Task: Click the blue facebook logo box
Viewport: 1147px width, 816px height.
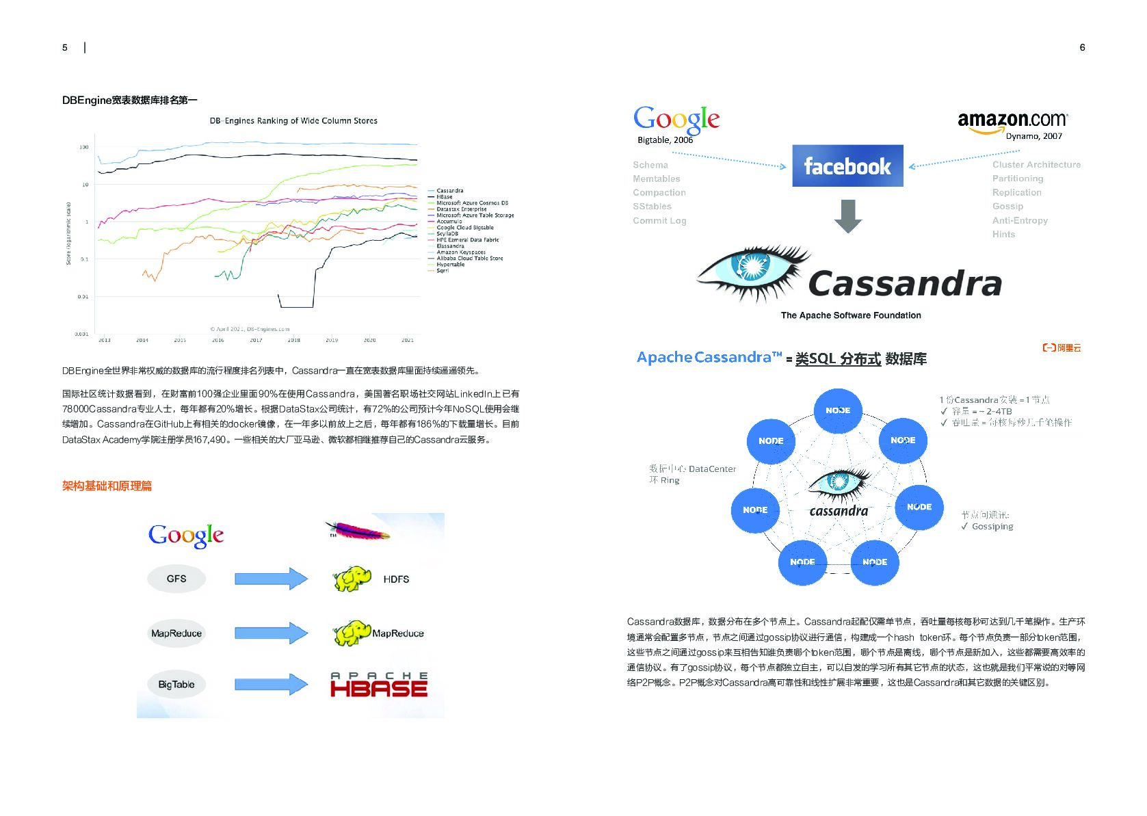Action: [x=847, y=166]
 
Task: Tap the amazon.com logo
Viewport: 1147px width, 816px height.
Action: [x=1012, y=121]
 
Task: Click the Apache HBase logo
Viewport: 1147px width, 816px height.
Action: [x=379, y=685]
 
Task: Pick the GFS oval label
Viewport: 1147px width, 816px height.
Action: [x=176, y=579]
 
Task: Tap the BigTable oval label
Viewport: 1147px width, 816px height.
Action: [x=176, y=684]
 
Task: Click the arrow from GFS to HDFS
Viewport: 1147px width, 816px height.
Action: [x=271, y=579]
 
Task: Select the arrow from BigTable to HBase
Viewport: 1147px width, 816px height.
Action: [x=271, y=684]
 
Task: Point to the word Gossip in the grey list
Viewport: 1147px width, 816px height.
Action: [x=1007, y=206]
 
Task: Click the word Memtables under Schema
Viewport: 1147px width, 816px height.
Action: [x=656, y=179]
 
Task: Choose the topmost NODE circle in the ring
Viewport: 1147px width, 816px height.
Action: [x=837, y=410]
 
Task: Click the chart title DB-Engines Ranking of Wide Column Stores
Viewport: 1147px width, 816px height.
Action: [x=293, y=121]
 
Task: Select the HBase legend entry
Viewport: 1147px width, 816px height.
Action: [x=445, y=197]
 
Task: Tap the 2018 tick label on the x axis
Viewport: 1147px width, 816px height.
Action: [x=293, y=340]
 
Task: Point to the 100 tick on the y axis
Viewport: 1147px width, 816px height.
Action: [x=84, y=147]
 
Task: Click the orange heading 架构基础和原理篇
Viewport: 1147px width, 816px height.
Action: [x=107, y=486]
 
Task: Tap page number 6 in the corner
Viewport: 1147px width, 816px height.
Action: [x=1082, y=47]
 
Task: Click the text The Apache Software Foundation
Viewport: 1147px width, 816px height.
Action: [x=851, y=315]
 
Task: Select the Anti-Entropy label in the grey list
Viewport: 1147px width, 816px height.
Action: [x=1020, y=220]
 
